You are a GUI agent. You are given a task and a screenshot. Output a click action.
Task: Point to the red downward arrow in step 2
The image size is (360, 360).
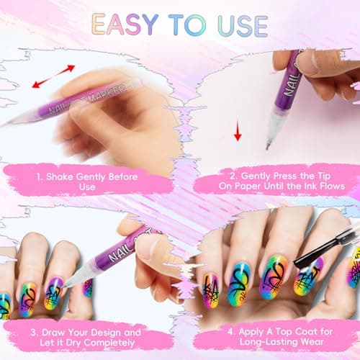click(236, 132)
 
